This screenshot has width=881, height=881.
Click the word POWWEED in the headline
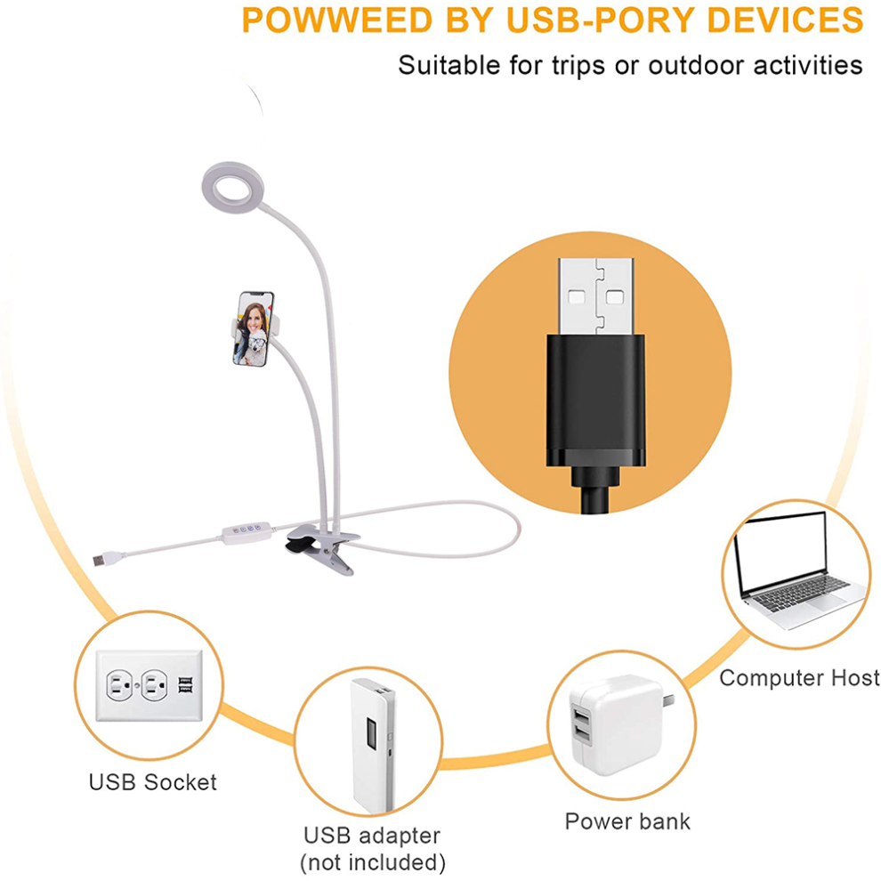coord(337,20)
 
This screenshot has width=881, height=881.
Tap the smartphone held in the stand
coord(253,328)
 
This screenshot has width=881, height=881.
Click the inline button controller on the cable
coord(247,532)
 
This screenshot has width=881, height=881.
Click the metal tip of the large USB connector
coord(595,296)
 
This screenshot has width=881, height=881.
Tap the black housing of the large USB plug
coord(595,400)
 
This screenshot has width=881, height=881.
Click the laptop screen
coord(781,553)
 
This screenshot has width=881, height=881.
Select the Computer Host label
coord(799,677)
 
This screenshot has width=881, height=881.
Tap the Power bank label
coord(627,821)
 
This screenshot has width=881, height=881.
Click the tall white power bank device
coord(372,745)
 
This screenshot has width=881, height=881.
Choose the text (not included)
coord(373,862)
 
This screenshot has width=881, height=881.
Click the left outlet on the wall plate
coord(119,685)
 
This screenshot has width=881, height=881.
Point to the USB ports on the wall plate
coord(185,685)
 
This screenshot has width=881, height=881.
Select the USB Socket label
coord(153,782)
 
